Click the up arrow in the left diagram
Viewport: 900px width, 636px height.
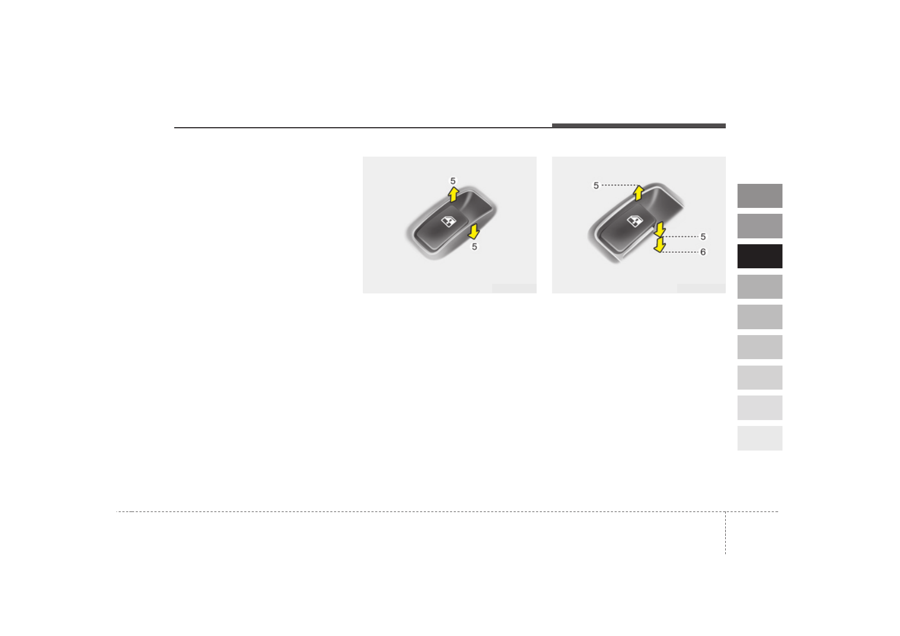[x=453, y=194]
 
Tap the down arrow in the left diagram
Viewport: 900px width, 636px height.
[x=474, y=232]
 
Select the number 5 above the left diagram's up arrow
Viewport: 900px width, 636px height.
[x=453, y=181]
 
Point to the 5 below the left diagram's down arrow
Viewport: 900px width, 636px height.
[x=475, y=247]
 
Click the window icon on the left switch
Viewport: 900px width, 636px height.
[x=448, y=221]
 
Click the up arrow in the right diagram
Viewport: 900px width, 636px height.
[x=639, y=193]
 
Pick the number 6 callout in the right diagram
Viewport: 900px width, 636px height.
[x=703, y=252]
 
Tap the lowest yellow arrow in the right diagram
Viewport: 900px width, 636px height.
[x=660, y=245]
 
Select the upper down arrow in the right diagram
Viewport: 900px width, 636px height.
[x=660, y=229]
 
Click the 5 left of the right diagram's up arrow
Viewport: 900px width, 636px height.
[x=596, y=185]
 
